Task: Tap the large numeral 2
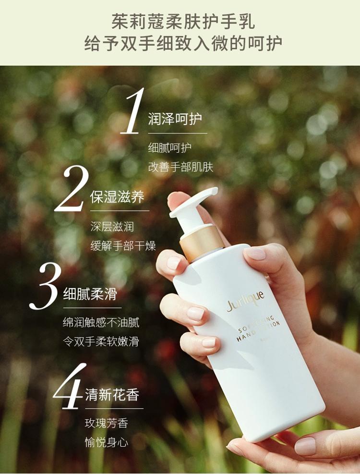[x=72, y=189]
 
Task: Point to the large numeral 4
[x=69, y=386]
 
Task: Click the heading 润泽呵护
[x=175, y=119]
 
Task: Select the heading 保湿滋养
[x=117, y=197]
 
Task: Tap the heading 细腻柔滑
[x=90, y=294]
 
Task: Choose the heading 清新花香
[x=112, y=395]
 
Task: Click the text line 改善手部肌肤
[x=181, y=167]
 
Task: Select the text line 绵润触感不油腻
[x=101, y=323]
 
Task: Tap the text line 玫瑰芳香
[x=107, y=423]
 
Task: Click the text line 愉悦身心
[x=107, y=443]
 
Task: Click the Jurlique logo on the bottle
[x=246, y=301]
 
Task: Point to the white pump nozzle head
[x=194, y=201]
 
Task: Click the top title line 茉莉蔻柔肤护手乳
[x=183, y=21]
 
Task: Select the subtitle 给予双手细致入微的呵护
[x=183, y=43]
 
